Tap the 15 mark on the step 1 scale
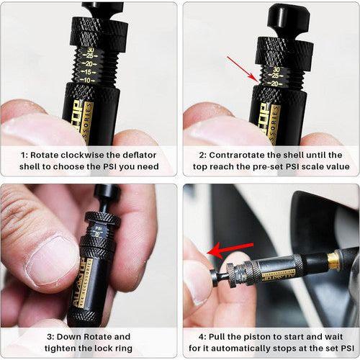tap(87, 71)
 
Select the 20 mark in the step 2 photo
tap(276, 84)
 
